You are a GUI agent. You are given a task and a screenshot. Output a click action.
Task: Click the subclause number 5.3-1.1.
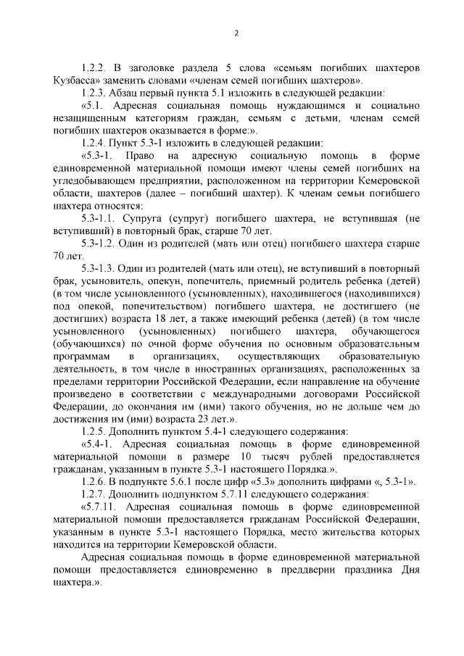(x=101, y=218)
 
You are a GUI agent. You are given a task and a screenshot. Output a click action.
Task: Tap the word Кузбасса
(x=78, y=80)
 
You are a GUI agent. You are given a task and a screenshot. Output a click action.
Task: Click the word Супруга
(x=145, y=218)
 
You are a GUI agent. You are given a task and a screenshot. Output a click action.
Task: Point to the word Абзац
(x=133, y=94)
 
